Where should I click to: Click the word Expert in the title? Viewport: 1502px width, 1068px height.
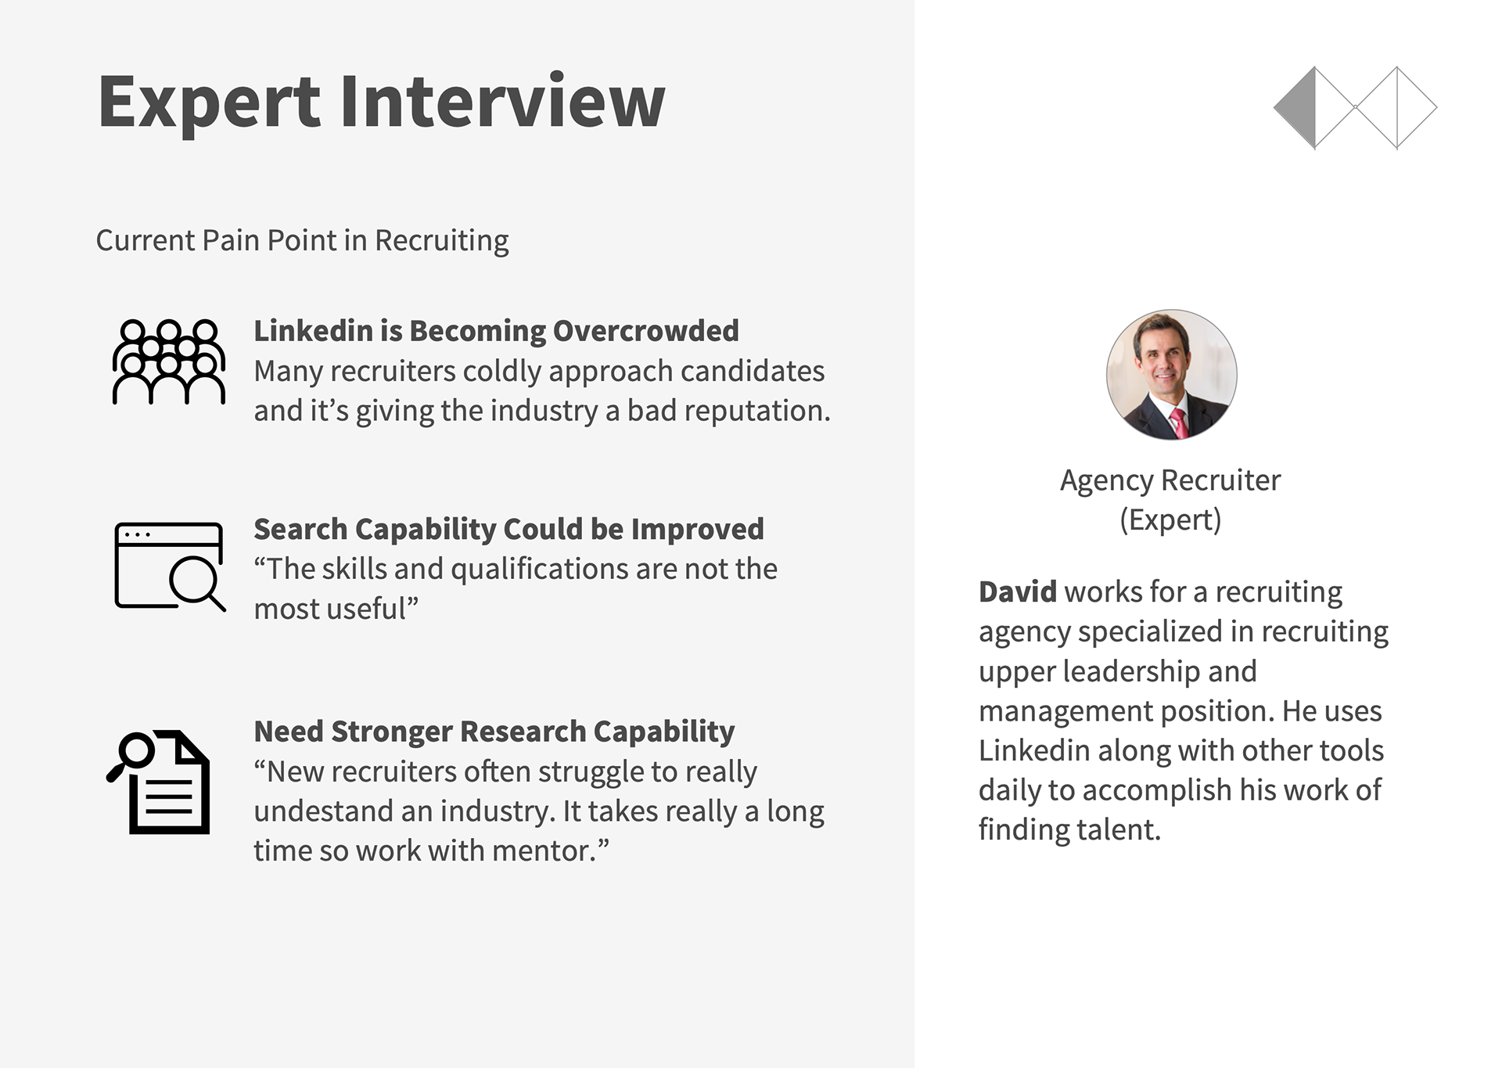coord(209,102)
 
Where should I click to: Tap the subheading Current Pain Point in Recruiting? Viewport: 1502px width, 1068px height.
coord(302,240)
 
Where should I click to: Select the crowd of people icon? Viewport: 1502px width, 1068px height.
coord(169,361)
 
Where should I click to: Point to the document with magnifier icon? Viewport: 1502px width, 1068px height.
coord(159,782)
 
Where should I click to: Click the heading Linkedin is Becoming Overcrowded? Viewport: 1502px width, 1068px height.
coord(496,331)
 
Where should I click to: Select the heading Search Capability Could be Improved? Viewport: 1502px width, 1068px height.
coord(508,530)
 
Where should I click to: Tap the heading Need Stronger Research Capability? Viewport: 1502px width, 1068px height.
coord(494,732)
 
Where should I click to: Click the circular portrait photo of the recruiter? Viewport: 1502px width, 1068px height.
coord(1171,375)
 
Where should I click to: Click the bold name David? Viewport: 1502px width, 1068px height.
coord(1017,592)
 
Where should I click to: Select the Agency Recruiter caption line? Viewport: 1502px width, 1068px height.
coord(1170,480)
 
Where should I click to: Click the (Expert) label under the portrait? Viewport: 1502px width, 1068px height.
coord(1170,520)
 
